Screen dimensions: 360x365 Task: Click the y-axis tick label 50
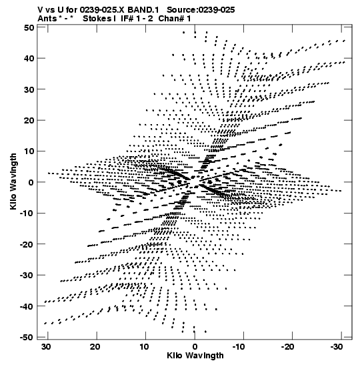[29, 28]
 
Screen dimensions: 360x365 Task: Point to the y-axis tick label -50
[27, 338]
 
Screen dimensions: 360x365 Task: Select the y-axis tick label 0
[31, 183]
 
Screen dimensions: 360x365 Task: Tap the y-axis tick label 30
[29, 89]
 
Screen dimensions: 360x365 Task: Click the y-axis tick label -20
[27, 244]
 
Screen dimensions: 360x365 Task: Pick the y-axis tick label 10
[29, 151]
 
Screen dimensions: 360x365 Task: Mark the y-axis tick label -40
[27, 306]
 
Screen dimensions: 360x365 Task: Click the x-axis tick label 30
[46, 347]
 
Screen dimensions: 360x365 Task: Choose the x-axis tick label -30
[337, 347]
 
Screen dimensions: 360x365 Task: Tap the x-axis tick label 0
[195, 347]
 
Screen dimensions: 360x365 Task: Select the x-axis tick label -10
[239, 347]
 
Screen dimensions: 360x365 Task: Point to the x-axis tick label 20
[95, 347]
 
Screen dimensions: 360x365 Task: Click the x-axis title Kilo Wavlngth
[195, 356]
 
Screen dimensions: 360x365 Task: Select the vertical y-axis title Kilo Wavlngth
[13, 181]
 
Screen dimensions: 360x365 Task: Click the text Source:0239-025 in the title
[201, 10]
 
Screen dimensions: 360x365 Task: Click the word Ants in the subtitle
[47, 19]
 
